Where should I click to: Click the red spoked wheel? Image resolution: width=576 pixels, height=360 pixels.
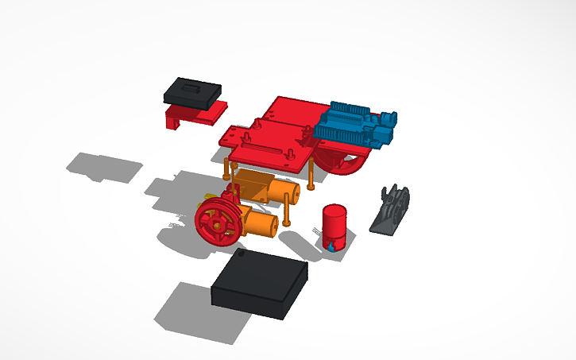click(x=217, y=223)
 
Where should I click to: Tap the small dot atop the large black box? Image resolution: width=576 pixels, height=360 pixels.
click(x=242, y=254)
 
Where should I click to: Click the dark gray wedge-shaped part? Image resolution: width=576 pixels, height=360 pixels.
click(x=391, y=211)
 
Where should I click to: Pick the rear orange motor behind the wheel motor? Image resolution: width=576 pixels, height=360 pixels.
click(x=266, y=188)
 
